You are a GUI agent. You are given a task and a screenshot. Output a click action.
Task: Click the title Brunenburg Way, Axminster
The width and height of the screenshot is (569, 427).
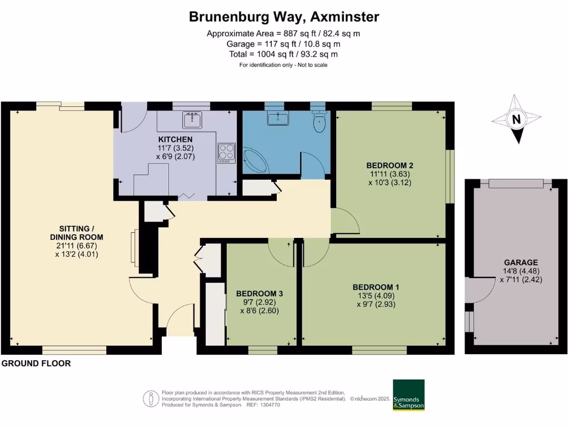[284, 17]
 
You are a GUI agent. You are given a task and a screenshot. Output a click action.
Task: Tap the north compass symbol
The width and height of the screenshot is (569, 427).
[517, 119]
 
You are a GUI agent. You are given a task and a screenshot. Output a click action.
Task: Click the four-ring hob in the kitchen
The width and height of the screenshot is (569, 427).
[226, 152]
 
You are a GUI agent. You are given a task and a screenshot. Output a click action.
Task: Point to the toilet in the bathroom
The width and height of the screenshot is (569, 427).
[320, 123]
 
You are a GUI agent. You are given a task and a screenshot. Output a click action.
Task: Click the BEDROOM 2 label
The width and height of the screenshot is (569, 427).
[390, 165]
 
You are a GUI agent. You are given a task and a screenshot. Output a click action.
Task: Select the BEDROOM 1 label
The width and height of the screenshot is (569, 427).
[376, 287]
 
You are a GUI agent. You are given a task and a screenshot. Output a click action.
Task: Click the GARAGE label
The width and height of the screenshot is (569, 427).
[521, 262]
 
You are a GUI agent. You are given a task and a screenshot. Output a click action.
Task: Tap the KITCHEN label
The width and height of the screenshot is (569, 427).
[175, 139]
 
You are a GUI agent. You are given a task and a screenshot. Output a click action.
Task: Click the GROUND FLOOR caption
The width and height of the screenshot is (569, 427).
[36, 364]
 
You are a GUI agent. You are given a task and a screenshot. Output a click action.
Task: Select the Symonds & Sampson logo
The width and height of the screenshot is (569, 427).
[408, 395]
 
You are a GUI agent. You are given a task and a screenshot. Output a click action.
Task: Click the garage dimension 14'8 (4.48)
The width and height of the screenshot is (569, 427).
[521, 271]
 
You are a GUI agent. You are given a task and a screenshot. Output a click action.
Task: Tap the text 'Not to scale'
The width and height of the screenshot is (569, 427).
[308, 65]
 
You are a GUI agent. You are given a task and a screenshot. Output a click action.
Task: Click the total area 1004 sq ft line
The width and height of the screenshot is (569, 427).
[283, 54]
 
